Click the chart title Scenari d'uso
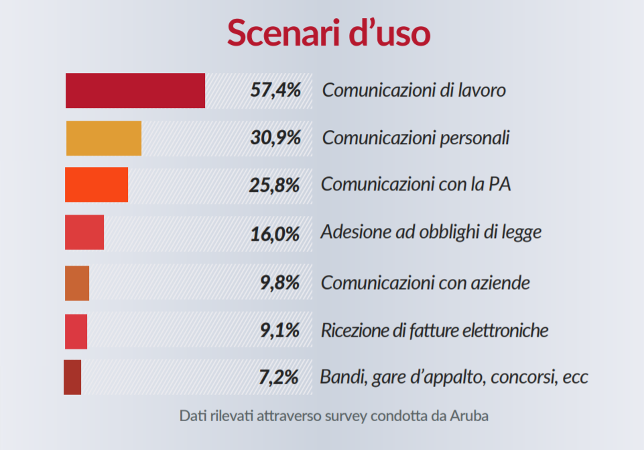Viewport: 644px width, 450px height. coord(328,32)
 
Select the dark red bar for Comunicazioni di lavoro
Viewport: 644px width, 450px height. coord(135,91)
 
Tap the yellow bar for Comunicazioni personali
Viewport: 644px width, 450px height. coord(104,138)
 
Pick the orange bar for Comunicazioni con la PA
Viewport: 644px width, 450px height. coord(96,184)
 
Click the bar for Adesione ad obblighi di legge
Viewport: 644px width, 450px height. coord(84,233)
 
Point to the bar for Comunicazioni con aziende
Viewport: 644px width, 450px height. coord(77,283)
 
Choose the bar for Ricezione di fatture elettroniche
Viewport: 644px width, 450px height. coord(76,331)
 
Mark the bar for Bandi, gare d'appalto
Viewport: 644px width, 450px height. coord(72,377)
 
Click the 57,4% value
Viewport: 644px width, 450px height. coord(275,90)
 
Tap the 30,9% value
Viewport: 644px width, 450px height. coord(275,138)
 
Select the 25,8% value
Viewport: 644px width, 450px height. coord(274,184)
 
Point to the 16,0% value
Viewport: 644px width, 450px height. coord(275,233)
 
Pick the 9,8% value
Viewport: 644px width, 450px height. coord(279,283)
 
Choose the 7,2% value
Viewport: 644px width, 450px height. coord(279,378)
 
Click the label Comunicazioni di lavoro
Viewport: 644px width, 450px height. coord(413,90)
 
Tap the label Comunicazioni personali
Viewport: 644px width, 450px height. coord(415,138)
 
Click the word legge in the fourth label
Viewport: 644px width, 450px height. coord(522,233)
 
